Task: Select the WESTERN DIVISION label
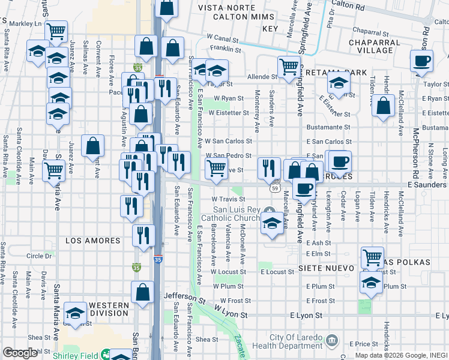point(109,310)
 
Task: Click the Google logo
point(20,353)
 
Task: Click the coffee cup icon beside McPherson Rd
point(421,61)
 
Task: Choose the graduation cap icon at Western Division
point(76,312)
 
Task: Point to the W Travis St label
point(226,199)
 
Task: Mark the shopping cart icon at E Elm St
point(372,257)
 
